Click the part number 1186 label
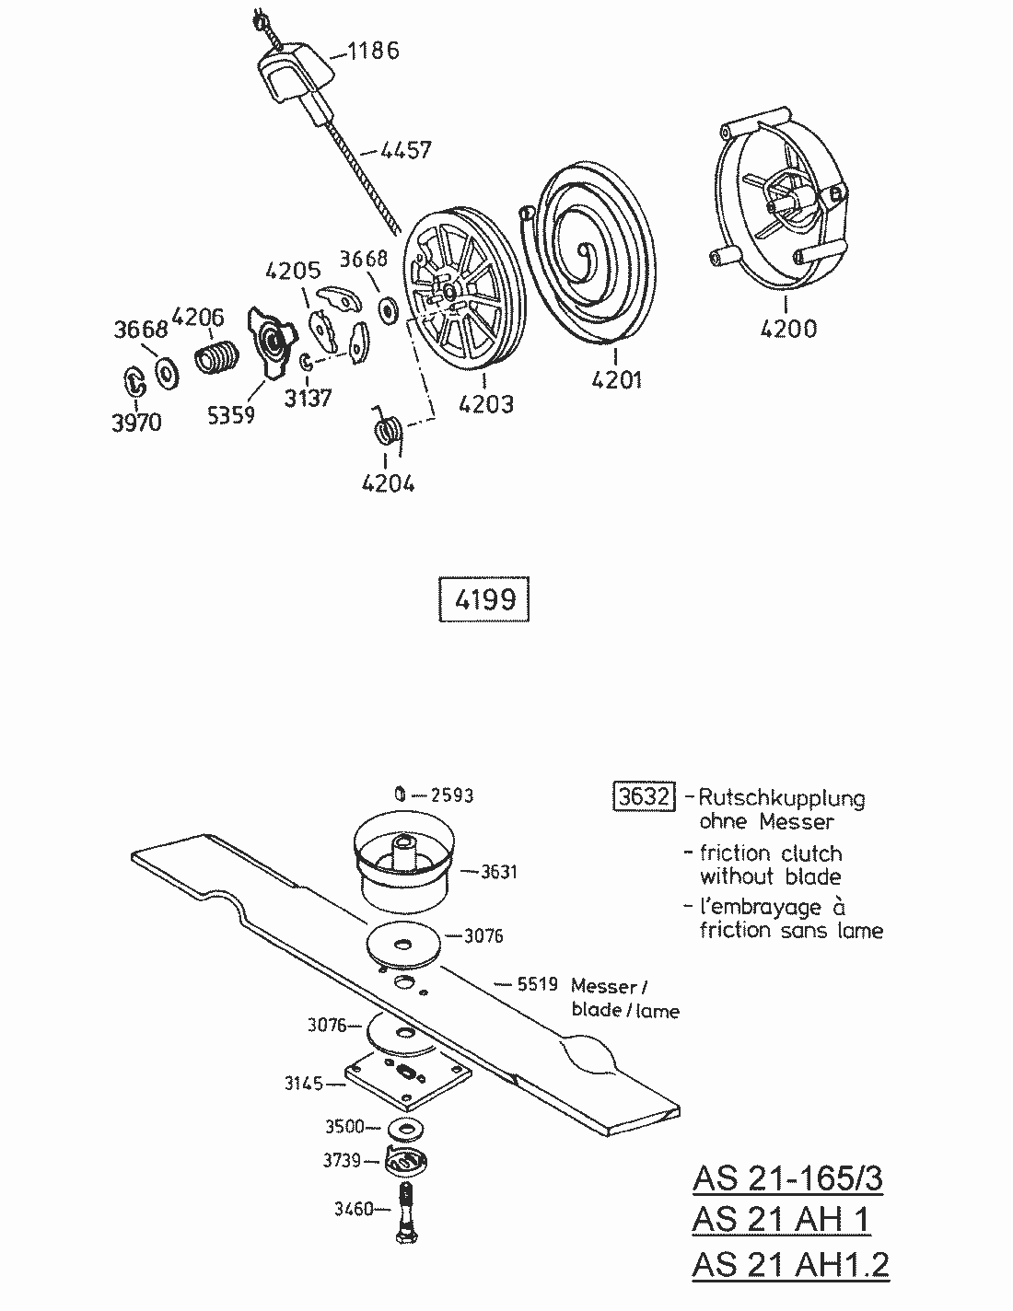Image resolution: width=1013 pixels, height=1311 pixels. click(374, 51)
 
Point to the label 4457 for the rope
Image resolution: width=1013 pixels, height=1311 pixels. click(405, 149)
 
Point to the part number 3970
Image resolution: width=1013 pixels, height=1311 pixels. click(136, 423)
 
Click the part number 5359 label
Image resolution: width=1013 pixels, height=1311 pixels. click(230, 415)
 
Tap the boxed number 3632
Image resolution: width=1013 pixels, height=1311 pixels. click(644, 795)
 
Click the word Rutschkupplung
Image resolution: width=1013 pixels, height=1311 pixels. click(782, 797)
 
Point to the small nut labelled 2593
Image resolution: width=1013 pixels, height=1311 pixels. click(401, 794)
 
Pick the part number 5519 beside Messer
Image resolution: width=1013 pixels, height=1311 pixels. click(537, 984)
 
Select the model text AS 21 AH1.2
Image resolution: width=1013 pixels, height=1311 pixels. click(790, 1264)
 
